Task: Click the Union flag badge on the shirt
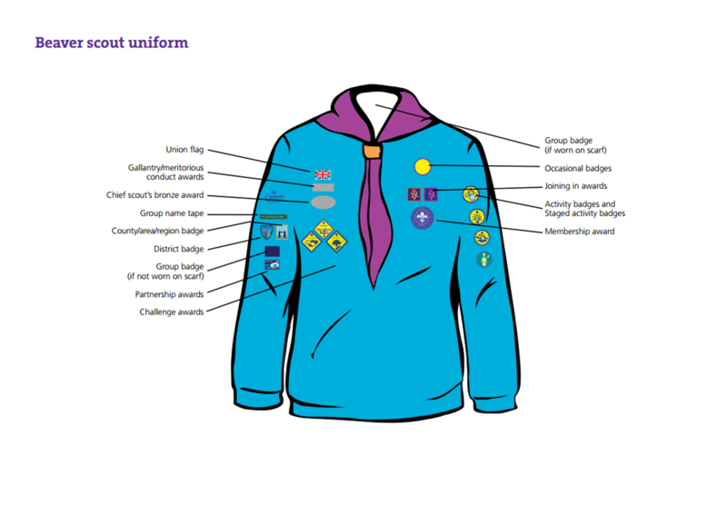point(323,173)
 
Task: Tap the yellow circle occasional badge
point(422,166)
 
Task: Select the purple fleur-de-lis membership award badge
point(422,217)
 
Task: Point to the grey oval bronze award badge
point(323,202)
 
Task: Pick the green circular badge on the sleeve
point(483,260)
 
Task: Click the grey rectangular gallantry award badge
point(323,187)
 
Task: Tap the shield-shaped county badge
point(266,232)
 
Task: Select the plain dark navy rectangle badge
point(272,251)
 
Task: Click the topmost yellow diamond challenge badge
point(324,226)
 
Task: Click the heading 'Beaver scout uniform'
point(111,43)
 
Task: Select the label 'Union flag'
point(184,150)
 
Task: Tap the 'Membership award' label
point(579,232)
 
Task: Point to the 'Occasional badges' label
point(577,168)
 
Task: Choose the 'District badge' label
point(178,248)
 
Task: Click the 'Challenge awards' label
point(171,311)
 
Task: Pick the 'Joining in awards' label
point(575,186)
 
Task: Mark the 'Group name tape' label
point(171,213)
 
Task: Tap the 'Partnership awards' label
point(169,294)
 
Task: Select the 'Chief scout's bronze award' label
point(155,195)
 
